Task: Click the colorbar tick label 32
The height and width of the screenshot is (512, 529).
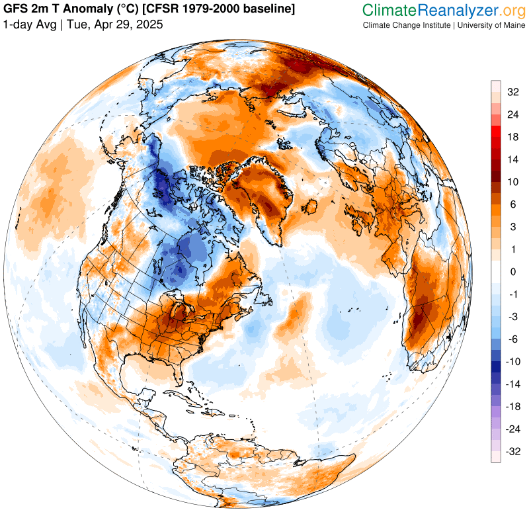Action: point(513,92)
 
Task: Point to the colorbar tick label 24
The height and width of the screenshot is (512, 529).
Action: point(513,114)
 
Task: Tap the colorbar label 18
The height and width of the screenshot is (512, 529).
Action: point(513,137)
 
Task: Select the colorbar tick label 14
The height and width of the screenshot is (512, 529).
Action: point(513,159)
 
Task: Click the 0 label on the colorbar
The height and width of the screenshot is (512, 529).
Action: point(513,272)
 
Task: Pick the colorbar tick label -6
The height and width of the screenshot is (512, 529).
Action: point(513,339)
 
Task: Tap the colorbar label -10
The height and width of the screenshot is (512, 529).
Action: point(513,362)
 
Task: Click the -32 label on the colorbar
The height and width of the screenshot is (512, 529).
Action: point(513,452)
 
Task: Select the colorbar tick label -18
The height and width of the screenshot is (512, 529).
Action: point(513,407)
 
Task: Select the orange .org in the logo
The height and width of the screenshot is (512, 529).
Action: point(506,10)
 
